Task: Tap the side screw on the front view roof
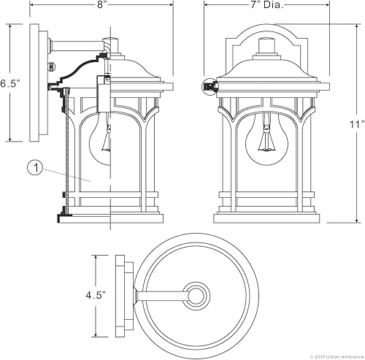pos(210,86)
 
